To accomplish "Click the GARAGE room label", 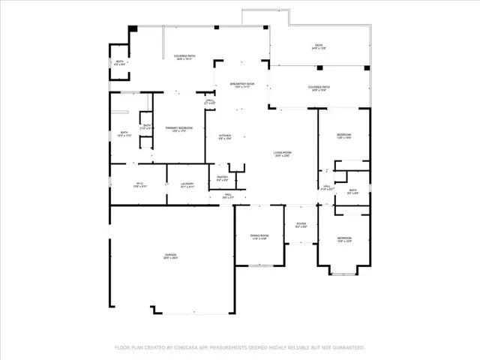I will [172, 256].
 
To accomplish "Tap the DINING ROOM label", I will [259, 237].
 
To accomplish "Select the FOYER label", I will [301, 223].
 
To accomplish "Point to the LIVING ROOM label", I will [282, 154].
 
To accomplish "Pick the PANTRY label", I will [223, 178].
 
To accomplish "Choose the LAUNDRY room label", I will [187, 185].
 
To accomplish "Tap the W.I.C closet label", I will [139, 184].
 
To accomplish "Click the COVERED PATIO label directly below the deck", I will [320, 88].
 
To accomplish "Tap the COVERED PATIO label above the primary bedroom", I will [184, 56].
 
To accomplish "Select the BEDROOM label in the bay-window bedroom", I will [344, 239].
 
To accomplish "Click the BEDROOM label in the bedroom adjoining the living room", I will [344, 136].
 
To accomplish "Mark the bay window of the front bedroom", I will [344, 271].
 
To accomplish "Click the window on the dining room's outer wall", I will [259, 265].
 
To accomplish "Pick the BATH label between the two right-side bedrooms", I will [353, 192].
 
